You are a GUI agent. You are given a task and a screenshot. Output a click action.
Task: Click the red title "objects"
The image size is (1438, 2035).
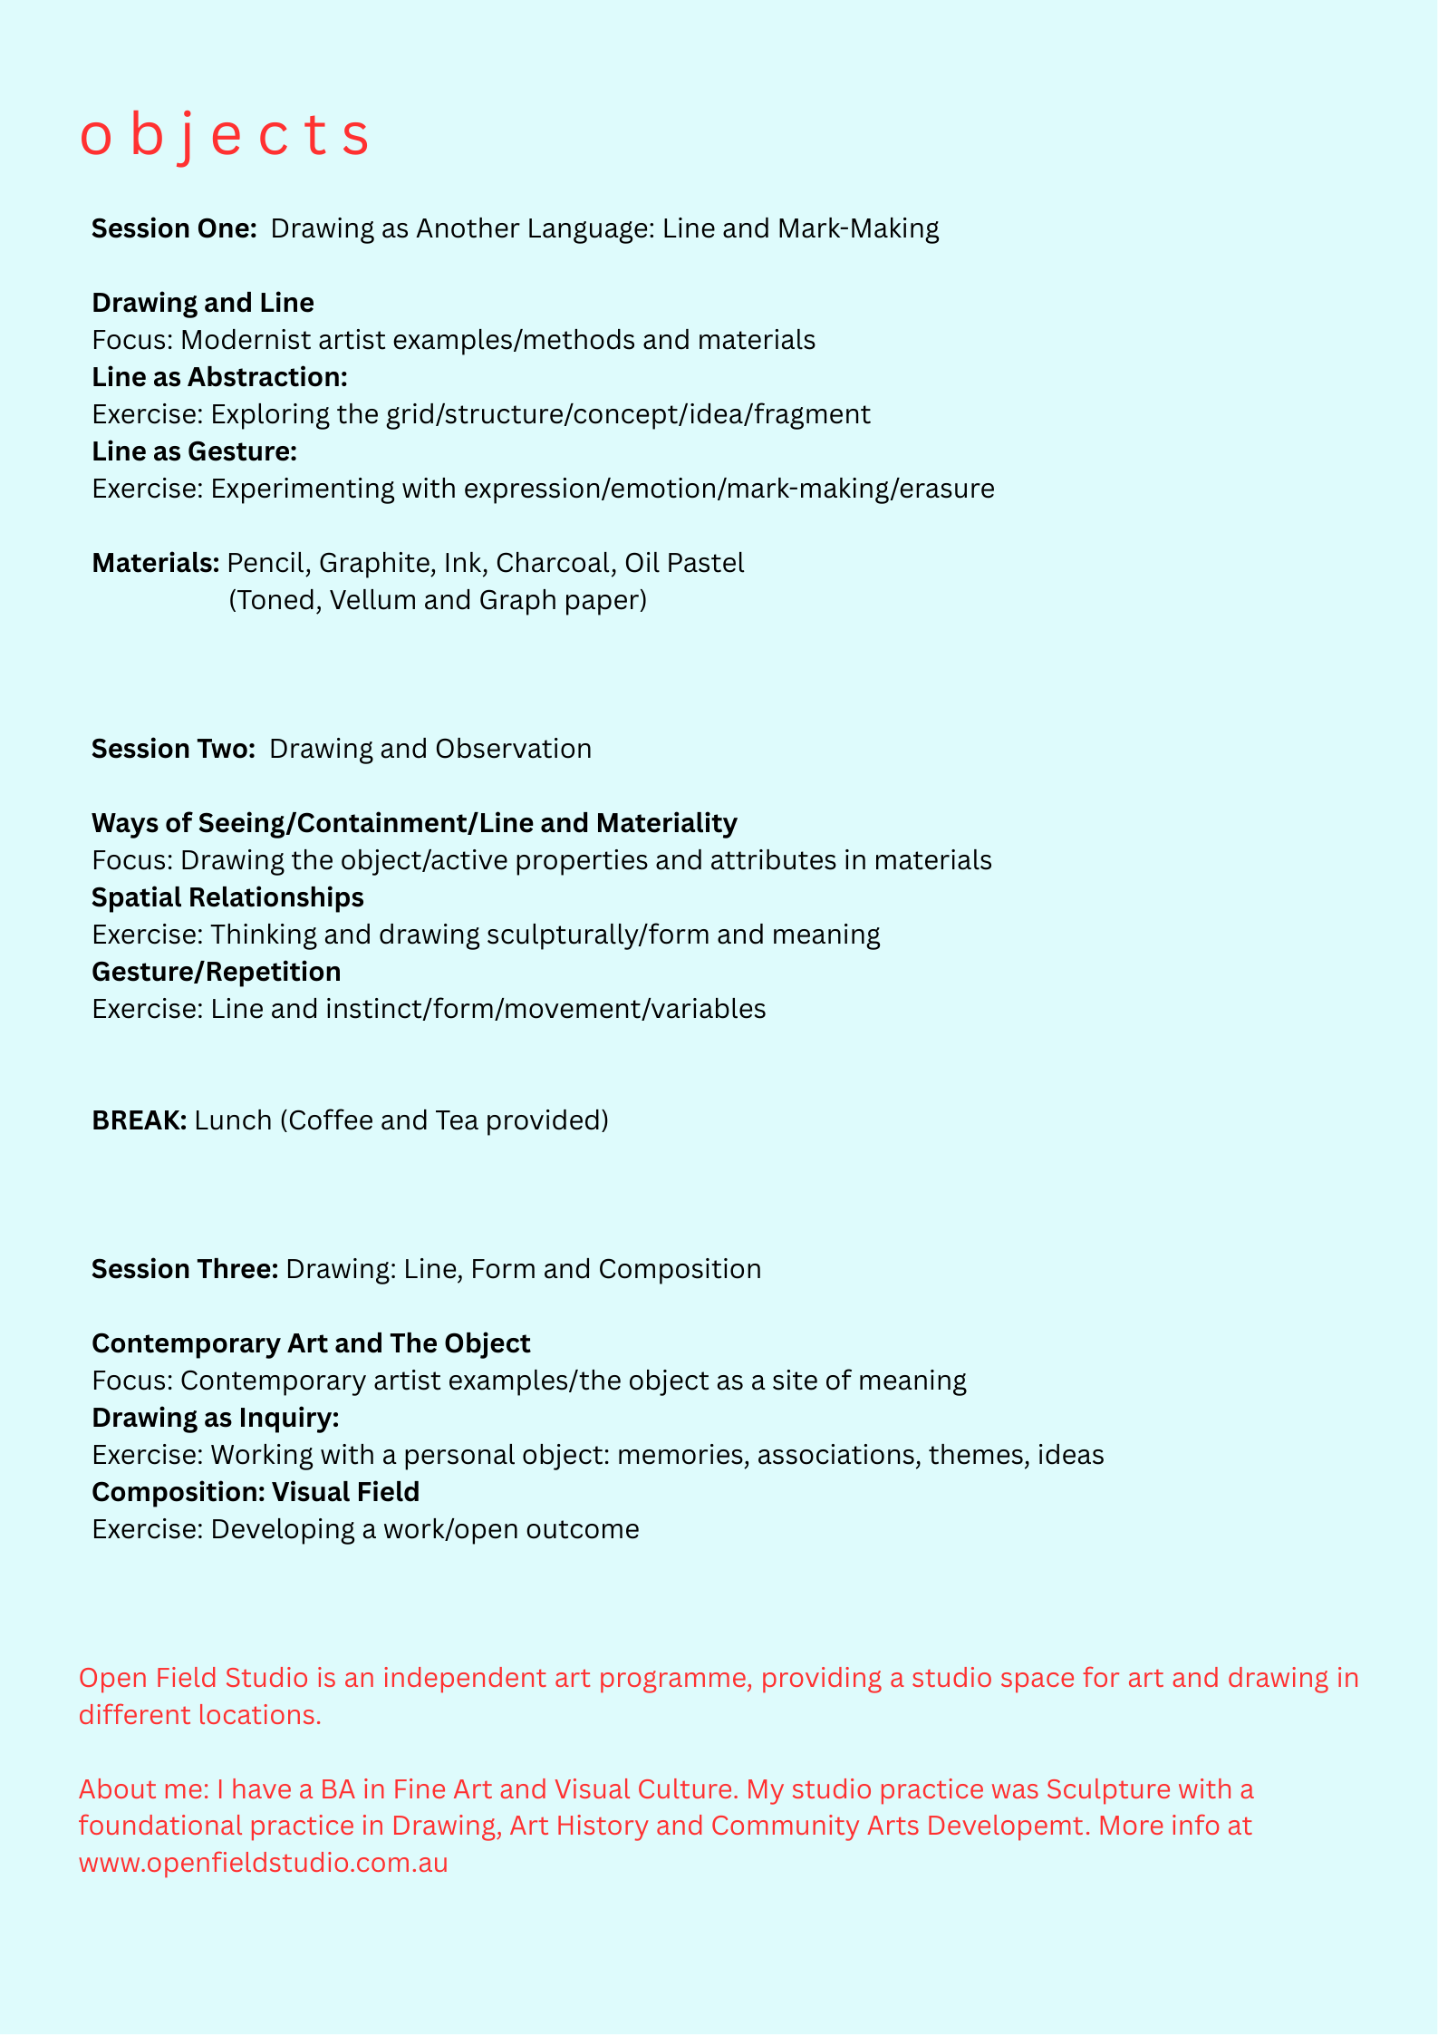225,136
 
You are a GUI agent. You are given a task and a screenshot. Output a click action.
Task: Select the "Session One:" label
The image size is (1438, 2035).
175,228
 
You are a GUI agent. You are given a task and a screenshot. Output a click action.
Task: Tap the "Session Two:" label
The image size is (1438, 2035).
174,749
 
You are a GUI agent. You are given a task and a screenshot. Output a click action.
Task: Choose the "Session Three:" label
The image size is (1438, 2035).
185,1269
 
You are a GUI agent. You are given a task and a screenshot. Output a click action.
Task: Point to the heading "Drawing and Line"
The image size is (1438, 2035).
203,303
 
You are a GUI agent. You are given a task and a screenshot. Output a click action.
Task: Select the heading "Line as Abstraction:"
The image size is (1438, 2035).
220,377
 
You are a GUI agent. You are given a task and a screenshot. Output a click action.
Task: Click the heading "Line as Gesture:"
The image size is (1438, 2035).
195,451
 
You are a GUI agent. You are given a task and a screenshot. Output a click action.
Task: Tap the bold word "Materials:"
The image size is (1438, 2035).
156,563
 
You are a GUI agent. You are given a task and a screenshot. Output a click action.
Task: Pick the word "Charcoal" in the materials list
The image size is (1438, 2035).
555,563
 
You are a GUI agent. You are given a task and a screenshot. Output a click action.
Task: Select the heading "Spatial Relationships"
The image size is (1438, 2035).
227,897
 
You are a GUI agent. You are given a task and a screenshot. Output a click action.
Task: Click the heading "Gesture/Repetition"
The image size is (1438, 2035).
217,972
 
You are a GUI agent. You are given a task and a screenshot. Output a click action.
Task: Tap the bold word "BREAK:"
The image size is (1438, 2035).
140,1120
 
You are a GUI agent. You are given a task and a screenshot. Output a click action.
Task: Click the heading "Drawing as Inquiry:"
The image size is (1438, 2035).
216,1418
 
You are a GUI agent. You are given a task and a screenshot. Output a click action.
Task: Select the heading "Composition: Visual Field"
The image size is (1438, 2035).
256,1492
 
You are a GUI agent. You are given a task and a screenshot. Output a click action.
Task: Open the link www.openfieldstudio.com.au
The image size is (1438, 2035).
264,1864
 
